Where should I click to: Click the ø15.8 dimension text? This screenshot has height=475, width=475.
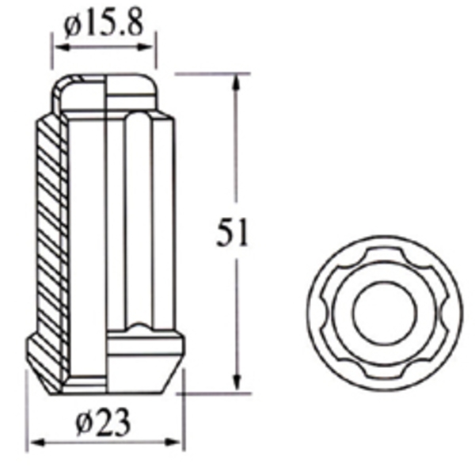[104, 25]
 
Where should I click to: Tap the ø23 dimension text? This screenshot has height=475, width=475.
[104, 424]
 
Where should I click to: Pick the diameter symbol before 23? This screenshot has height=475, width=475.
[85, 425]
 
